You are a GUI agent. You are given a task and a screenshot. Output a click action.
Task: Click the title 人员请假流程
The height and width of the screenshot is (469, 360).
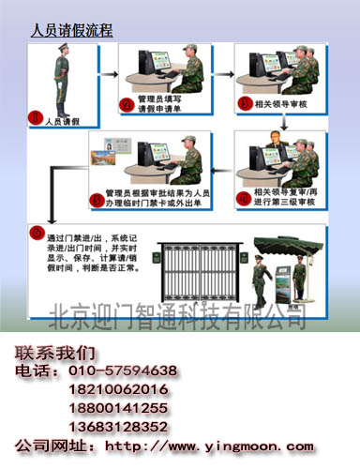72,30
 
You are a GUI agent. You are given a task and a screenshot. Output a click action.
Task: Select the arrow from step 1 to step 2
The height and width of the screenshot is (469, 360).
104,72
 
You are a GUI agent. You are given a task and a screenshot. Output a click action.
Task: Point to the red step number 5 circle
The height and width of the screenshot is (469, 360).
95,200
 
